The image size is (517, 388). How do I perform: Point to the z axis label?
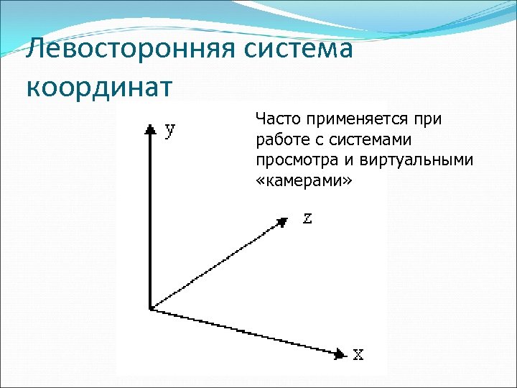coord(307,218)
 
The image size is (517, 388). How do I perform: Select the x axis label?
coord(358,354)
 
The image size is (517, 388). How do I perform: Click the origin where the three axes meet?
coord(150,309)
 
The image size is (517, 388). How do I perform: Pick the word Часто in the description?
coord(276,119)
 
